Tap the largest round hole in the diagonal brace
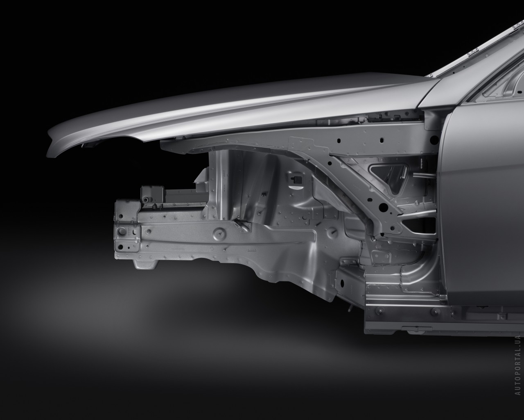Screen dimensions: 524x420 pyautogui.click(x=384, y=207)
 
